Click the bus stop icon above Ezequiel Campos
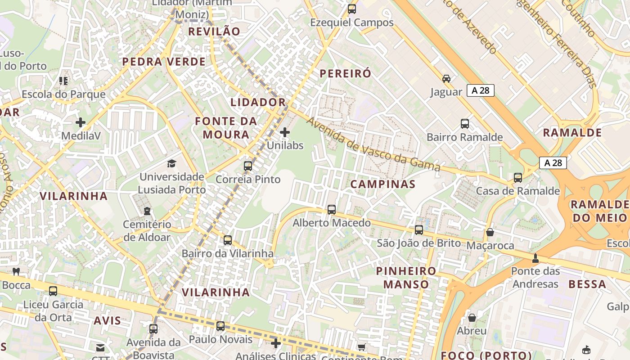352,9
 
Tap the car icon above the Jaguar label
446,79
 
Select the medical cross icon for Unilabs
285,132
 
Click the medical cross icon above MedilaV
81,122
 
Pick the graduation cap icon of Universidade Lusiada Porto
171,163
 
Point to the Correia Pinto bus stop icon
248,166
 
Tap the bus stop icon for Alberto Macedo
332,209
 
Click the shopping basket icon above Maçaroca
490,232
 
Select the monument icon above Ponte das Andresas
535,258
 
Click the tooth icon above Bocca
16,271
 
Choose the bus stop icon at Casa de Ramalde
518,177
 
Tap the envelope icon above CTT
100,347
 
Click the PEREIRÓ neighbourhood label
346,74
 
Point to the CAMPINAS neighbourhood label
383,184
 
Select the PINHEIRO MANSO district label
406,278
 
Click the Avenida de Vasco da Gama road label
373,144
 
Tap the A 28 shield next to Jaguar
481,90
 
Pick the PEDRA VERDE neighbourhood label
164,62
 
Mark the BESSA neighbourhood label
587,284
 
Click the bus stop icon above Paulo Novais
220,326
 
